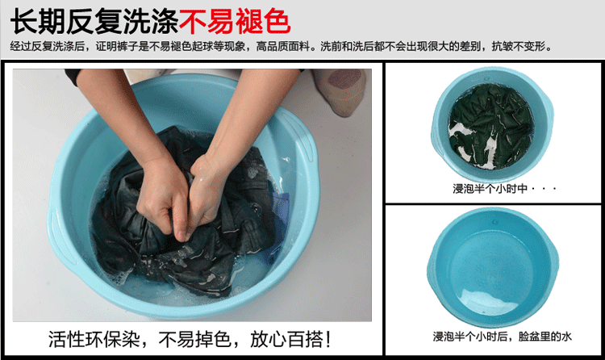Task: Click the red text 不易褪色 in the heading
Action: (x=235, y=22)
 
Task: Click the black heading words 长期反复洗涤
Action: (x=94, y=22)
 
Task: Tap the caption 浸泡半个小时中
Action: (x=490, y=189)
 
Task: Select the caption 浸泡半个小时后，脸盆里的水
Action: (x=502, y=337)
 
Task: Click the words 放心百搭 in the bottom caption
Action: (x=286, y=340)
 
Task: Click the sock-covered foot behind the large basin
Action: (x=340, y=91)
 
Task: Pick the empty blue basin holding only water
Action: (x=492, y=266)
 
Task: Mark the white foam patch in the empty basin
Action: (x=487, y=302)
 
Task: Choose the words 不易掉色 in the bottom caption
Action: (x=195, y=340)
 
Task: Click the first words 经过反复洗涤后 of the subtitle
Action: (x=48, y=47)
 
